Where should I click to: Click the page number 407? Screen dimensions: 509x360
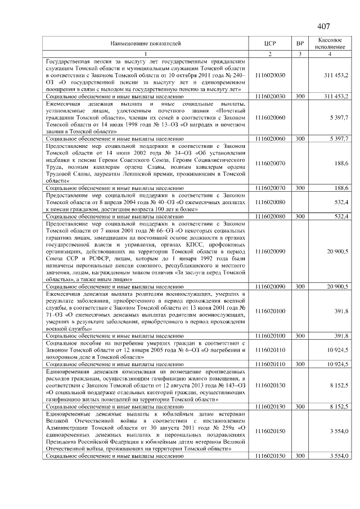point(323,26)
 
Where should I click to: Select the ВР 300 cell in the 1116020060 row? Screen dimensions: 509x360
point(300,138)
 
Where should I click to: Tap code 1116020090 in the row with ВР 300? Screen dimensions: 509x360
point(270,287)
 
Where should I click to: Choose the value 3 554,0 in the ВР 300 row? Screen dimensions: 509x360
point(339,455)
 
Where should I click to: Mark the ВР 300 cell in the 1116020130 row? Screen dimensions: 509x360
point(300,405)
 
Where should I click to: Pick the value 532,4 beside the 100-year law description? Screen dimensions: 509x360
point(341,201)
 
